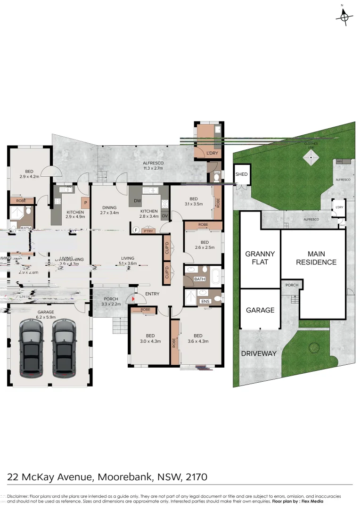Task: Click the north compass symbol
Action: click(x=344, y=17)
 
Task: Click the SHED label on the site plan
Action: click(x=241, y=174)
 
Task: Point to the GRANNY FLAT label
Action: click(x=260, y=258)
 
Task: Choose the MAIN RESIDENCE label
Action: click(x=316, y=258)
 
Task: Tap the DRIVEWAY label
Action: click(x=259, y=353)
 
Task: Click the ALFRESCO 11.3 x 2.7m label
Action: click(x=153, y=165)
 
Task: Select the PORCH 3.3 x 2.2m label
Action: click(x=111, y=301)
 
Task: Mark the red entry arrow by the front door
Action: click(x=134, y=298)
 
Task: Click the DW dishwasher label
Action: click(x=137, y=201)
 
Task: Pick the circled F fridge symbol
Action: click(x=136, y=230)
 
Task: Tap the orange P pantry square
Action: click(x=85, y=204)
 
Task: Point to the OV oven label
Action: click(x=164, y=216)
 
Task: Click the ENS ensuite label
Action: click(x=205, y=301)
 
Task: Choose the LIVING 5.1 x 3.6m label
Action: click(x=128, y=261)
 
